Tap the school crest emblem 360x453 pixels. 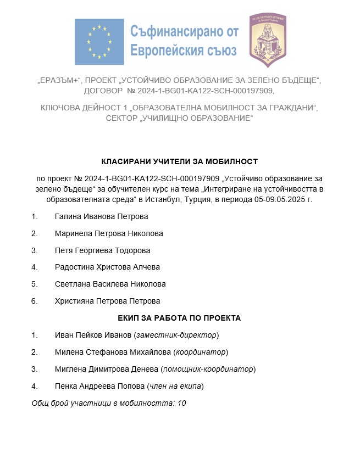pos(267,40)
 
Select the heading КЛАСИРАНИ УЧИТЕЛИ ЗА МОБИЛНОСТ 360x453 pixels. pos(180,161)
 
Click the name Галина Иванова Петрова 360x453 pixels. pos(102,216)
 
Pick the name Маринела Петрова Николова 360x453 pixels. pos(109,233)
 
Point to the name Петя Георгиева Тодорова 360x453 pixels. pos(102,250)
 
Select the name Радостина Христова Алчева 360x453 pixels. pos(107,267)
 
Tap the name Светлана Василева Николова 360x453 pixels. pos(110,284)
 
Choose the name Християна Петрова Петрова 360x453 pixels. pos(107,301)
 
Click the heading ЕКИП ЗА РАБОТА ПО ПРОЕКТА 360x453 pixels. pos(180,318)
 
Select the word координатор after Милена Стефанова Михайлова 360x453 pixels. pos(201,352)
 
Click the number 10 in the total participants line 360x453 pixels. pos(182,403)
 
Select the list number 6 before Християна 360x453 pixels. pos(34,301)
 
